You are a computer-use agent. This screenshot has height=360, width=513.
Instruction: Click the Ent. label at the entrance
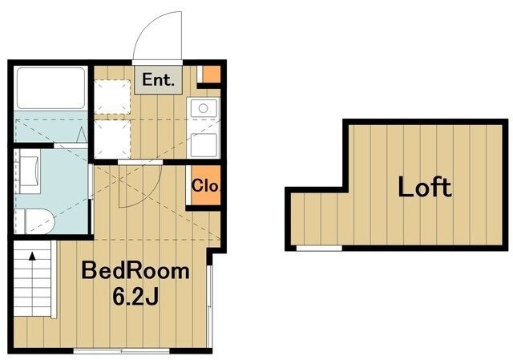[158, 80]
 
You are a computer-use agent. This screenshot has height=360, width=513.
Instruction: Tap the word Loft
[425, 187]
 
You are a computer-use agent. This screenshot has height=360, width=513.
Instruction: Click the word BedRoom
[135, 271]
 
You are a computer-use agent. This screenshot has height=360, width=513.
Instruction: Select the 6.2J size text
[135, 297]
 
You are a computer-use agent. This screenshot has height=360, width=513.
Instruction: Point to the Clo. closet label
[205, 185]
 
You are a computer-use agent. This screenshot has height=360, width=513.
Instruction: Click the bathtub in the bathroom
[50, 87]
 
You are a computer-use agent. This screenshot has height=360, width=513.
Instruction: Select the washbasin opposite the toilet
[29, 171]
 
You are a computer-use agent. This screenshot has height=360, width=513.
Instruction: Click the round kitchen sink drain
[203, 108]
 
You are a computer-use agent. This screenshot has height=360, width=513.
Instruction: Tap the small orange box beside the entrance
[212, 75]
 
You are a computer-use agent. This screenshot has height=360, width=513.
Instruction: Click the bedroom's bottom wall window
[121, 351]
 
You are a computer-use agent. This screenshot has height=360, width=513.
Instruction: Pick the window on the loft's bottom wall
[319, 249]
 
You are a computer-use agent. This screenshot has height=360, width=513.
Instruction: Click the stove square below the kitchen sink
[204, 144]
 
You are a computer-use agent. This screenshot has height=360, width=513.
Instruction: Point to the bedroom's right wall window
[210, 306]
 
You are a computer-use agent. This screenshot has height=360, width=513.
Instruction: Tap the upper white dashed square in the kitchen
[112, 96]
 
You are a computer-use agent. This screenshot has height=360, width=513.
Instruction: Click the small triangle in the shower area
[81, 136]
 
